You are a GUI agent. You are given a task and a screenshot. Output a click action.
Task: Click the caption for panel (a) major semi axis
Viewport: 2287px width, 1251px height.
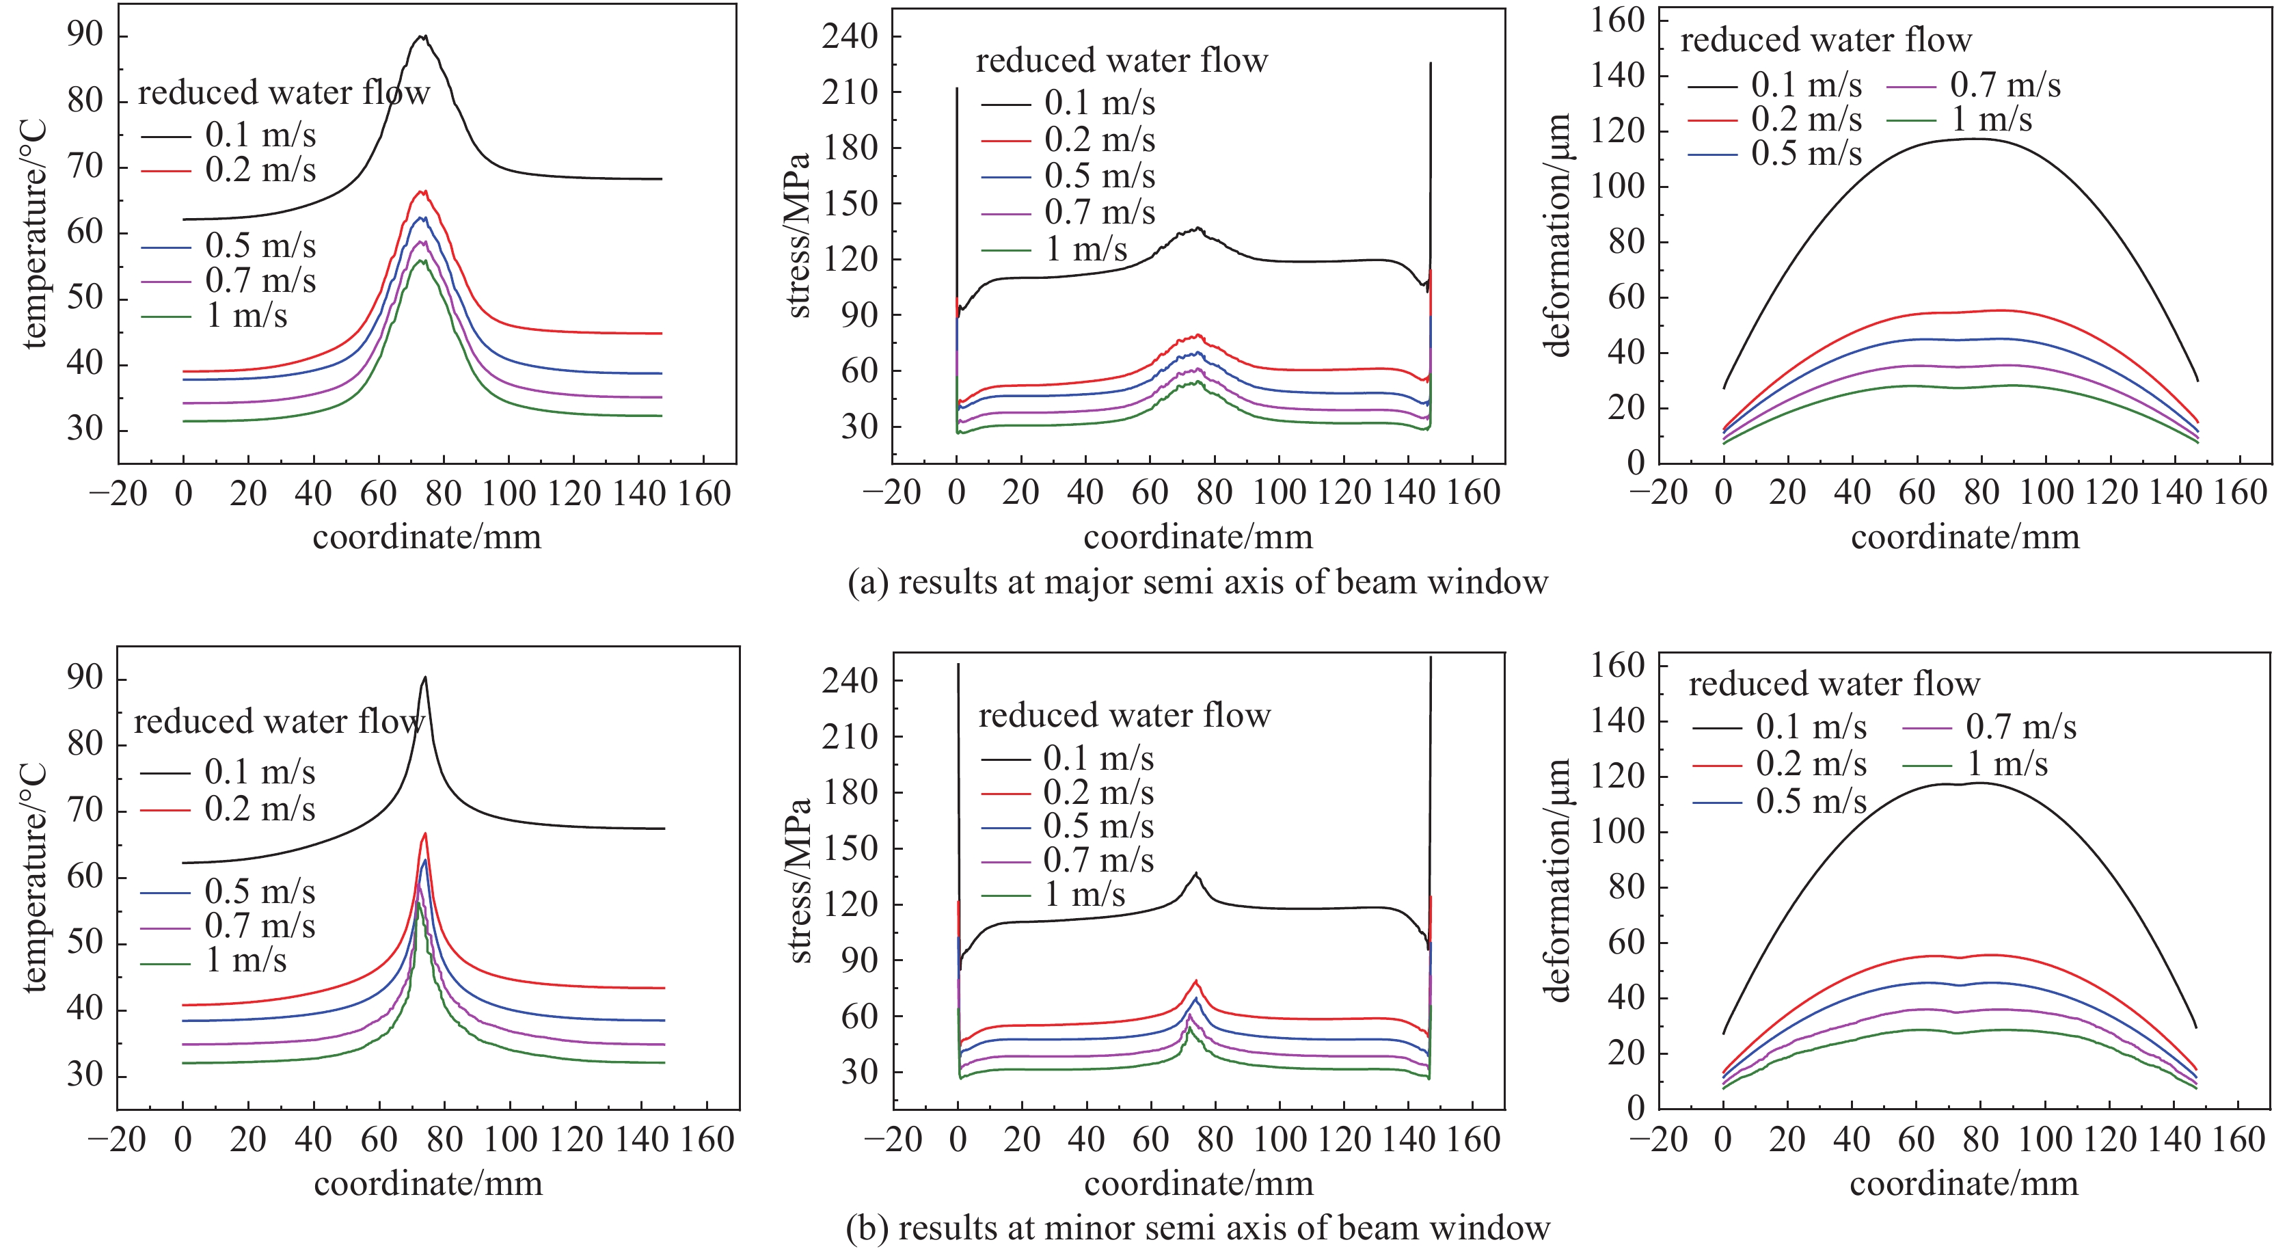coord(1197,582)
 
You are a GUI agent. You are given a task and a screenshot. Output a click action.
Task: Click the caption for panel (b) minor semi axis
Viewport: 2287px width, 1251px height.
coord(1197,1228)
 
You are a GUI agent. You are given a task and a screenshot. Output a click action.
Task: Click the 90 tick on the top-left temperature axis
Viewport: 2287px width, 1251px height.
coord(85,36)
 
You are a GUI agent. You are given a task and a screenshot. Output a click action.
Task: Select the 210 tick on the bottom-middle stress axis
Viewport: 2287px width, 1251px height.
coord(849,736)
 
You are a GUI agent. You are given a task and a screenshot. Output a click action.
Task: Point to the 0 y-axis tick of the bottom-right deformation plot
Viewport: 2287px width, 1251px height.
coord(1636,1107)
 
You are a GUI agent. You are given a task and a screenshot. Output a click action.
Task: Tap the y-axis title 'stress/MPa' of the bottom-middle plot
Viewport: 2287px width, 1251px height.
coord(799,880)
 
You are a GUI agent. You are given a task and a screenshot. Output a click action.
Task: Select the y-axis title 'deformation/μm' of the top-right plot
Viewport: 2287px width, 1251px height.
coord(1559,235)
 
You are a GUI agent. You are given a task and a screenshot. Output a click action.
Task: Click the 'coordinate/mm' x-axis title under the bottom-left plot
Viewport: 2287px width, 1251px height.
coord(428,1183)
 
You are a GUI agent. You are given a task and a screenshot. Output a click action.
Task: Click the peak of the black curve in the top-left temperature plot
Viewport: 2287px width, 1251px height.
coord(422,38)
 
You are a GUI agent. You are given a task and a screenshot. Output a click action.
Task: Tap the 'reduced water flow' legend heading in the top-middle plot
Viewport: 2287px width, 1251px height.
coord(1122,60)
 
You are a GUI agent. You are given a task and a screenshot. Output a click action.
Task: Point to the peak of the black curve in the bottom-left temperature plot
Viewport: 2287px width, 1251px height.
coord(425,677)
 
